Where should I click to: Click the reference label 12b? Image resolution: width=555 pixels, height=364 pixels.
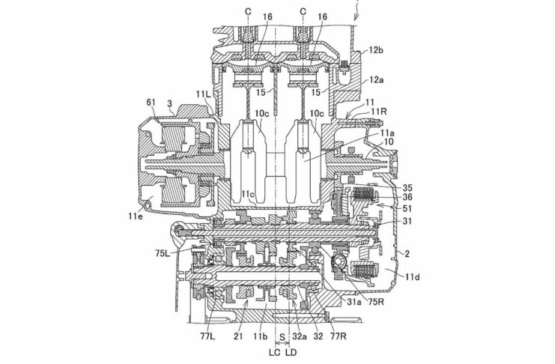pos(376,50)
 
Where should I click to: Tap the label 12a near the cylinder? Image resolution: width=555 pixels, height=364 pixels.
pos(376,80)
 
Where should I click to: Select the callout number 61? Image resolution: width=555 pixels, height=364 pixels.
pos(151,103)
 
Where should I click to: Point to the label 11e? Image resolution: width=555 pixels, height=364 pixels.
pos(136,216)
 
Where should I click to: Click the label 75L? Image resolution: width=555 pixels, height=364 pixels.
pos(163,253)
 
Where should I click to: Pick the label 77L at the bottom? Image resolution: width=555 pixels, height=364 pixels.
pos(207,336)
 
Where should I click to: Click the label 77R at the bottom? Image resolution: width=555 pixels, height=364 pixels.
pos(339,336)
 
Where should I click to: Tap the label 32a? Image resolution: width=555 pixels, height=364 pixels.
pos(300,336)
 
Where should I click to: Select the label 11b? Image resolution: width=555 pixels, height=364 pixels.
pos(260,336)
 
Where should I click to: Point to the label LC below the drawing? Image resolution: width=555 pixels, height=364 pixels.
pos(275,352)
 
